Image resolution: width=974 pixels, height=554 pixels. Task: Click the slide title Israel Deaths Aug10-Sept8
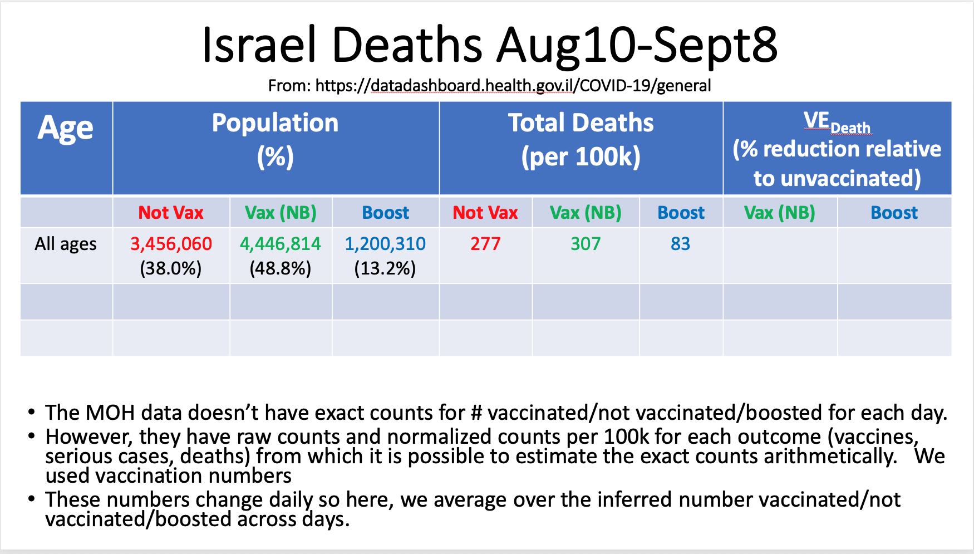[489, 45]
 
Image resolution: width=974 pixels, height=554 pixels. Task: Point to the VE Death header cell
[837, 149]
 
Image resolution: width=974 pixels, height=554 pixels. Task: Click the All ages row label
[66, 244]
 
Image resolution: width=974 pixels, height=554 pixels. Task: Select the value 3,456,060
[171, 244]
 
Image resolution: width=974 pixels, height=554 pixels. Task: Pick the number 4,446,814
[280, 244]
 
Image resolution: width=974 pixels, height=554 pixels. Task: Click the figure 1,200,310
[385, 244]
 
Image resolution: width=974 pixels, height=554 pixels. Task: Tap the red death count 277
[485, 244]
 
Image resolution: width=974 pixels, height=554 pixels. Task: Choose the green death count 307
[586, 244]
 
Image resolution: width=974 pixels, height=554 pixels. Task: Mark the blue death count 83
[680, 244]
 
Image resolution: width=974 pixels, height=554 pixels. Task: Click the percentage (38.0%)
[171, 269]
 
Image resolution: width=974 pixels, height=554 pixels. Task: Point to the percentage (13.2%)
[385, 269]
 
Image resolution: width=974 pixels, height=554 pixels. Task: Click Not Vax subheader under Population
[171, 213]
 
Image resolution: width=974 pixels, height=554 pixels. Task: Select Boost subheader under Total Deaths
[681, 213]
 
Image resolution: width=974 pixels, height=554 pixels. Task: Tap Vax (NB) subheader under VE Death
[779, 213]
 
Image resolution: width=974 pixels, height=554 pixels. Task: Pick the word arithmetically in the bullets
[830, 456]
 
